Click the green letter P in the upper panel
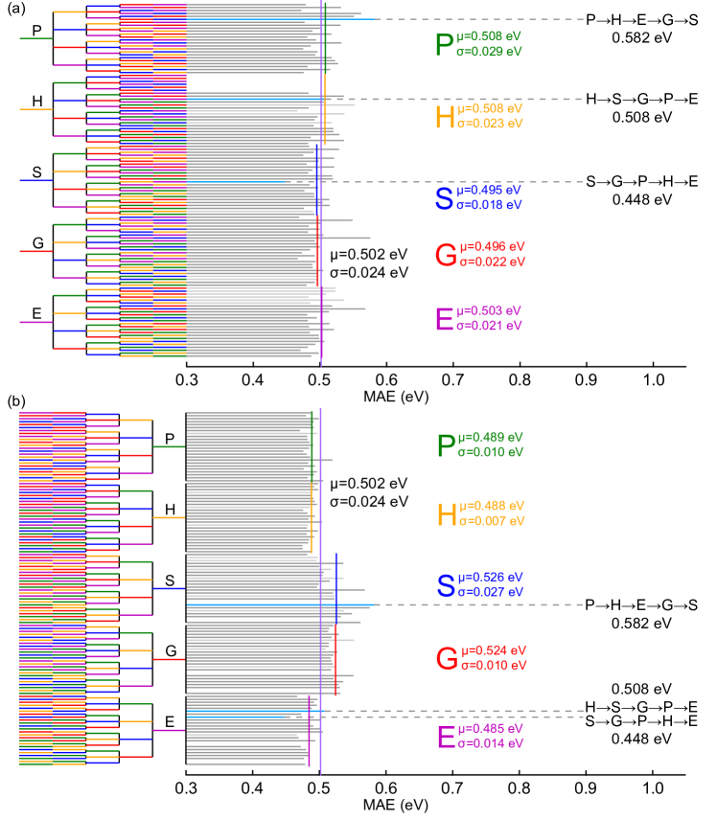coord(444,45)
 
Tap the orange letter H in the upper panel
coord(445,117)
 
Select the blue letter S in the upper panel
coord(444,198)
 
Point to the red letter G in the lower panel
coord(447,658)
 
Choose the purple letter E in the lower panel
coord(446,737)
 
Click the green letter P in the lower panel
coord(446,445)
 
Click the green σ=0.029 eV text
coord(489,52)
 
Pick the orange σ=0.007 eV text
coord(492,521)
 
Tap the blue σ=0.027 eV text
coord(490,592)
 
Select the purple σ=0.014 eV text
coord(490,743)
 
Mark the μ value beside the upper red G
coord(493,247)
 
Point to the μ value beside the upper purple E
coord(489,311)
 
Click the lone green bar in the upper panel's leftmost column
coord(35,39)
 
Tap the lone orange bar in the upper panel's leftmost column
coord(35,110)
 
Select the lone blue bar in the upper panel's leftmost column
coord(35,180)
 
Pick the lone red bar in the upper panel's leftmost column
coord(35,251)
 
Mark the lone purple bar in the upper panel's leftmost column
coord(35,322)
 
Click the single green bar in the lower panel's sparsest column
coord(169,446)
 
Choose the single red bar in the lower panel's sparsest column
coord(169,659)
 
